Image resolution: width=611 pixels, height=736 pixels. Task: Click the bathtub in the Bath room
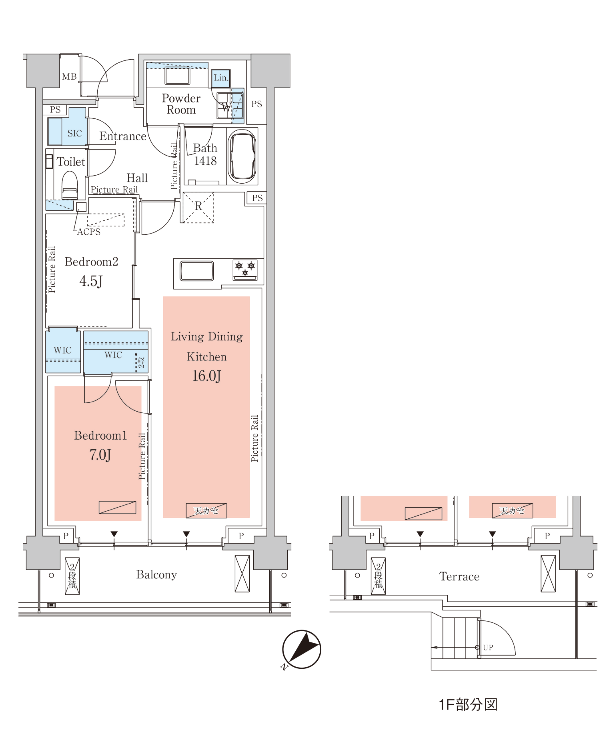242,156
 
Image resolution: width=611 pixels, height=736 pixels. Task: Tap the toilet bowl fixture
70,185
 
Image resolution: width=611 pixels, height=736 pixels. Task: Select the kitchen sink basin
196,271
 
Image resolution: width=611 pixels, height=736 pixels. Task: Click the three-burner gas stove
245,270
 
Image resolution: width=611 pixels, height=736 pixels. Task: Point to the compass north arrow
302,649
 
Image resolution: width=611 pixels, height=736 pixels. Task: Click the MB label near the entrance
69,76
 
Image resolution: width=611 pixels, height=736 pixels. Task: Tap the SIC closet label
75,133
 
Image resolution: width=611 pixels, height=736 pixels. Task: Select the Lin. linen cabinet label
221,78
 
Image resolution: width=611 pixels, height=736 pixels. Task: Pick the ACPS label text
89,232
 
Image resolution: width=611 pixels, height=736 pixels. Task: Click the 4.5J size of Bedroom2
91,281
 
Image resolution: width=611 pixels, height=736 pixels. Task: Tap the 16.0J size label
206,376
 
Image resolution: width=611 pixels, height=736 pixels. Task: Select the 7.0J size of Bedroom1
100,455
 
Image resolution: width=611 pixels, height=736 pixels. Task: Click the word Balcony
156,575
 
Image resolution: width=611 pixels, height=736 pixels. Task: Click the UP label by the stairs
488,648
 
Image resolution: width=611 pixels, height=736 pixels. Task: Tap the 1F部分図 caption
468,705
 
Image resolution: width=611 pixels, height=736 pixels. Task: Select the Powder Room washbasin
177,76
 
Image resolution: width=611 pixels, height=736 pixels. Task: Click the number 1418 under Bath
205,161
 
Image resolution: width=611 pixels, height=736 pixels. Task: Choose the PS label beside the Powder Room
256,104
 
